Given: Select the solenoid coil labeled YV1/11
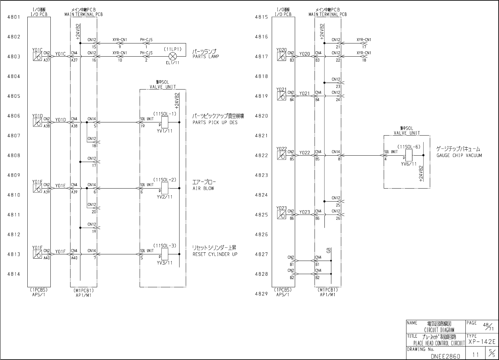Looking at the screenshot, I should pos(165,122).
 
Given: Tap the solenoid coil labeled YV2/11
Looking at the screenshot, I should pos(165,188).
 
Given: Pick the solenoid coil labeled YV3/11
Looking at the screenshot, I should pos(165,254).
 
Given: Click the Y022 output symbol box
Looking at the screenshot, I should pos(281,155).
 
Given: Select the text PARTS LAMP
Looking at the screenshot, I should pos(206,57).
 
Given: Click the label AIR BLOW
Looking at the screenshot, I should pos(203,189).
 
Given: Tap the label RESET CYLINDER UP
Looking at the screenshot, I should pos(215,254).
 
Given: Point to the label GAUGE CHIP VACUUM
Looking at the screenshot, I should pos(459,156).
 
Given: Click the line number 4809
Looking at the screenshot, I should pos(14,175).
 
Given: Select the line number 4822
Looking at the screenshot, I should pos(262,155).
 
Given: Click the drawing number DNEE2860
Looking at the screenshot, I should pos(445,356).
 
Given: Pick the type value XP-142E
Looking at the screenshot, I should pos(482,342).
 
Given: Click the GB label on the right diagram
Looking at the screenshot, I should pos(328,250).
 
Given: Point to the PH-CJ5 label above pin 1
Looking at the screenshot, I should pos(146,40).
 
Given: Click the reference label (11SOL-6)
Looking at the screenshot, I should pos(409,147).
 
